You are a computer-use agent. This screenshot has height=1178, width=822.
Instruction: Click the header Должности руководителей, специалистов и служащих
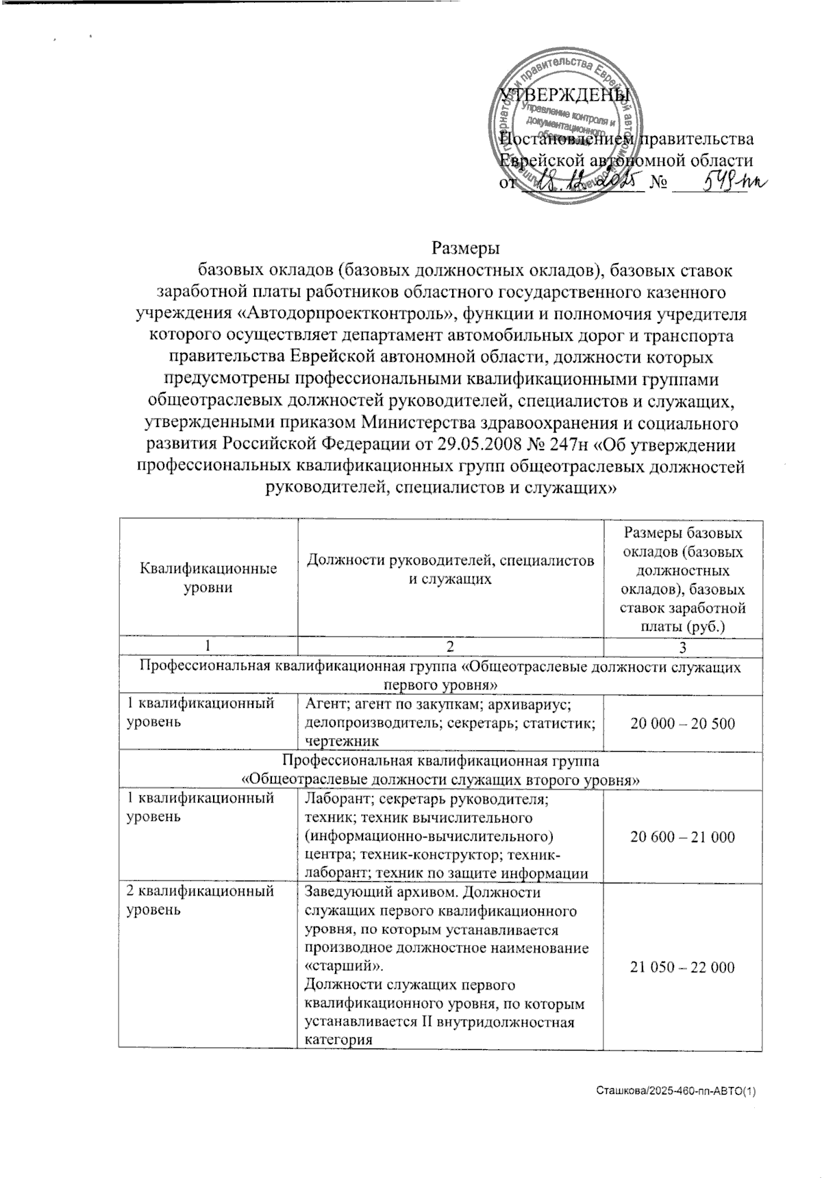tap(450, 569)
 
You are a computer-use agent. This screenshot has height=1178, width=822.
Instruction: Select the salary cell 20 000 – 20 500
tap(682, 723)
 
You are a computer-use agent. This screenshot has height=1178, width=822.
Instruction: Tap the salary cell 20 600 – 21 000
tap(682, 836)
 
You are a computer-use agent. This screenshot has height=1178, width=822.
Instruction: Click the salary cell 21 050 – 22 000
tap(682, 967)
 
